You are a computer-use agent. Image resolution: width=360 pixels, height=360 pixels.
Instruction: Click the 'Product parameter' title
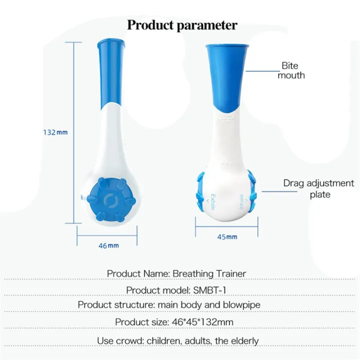[x=181, y=25]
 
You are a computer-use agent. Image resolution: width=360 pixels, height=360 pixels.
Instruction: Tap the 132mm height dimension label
[x=55, y=132]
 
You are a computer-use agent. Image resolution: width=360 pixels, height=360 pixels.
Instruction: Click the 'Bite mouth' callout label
[x=291, y=70]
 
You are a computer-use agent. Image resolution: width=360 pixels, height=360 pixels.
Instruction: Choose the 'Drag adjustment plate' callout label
[x=318, y=188]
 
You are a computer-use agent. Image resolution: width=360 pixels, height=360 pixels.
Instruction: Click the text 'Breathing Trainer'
[x=209, y=273]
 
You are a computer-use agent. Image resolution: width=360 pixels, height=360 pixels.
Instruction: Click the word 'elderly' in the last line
[x=242, y=341]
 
